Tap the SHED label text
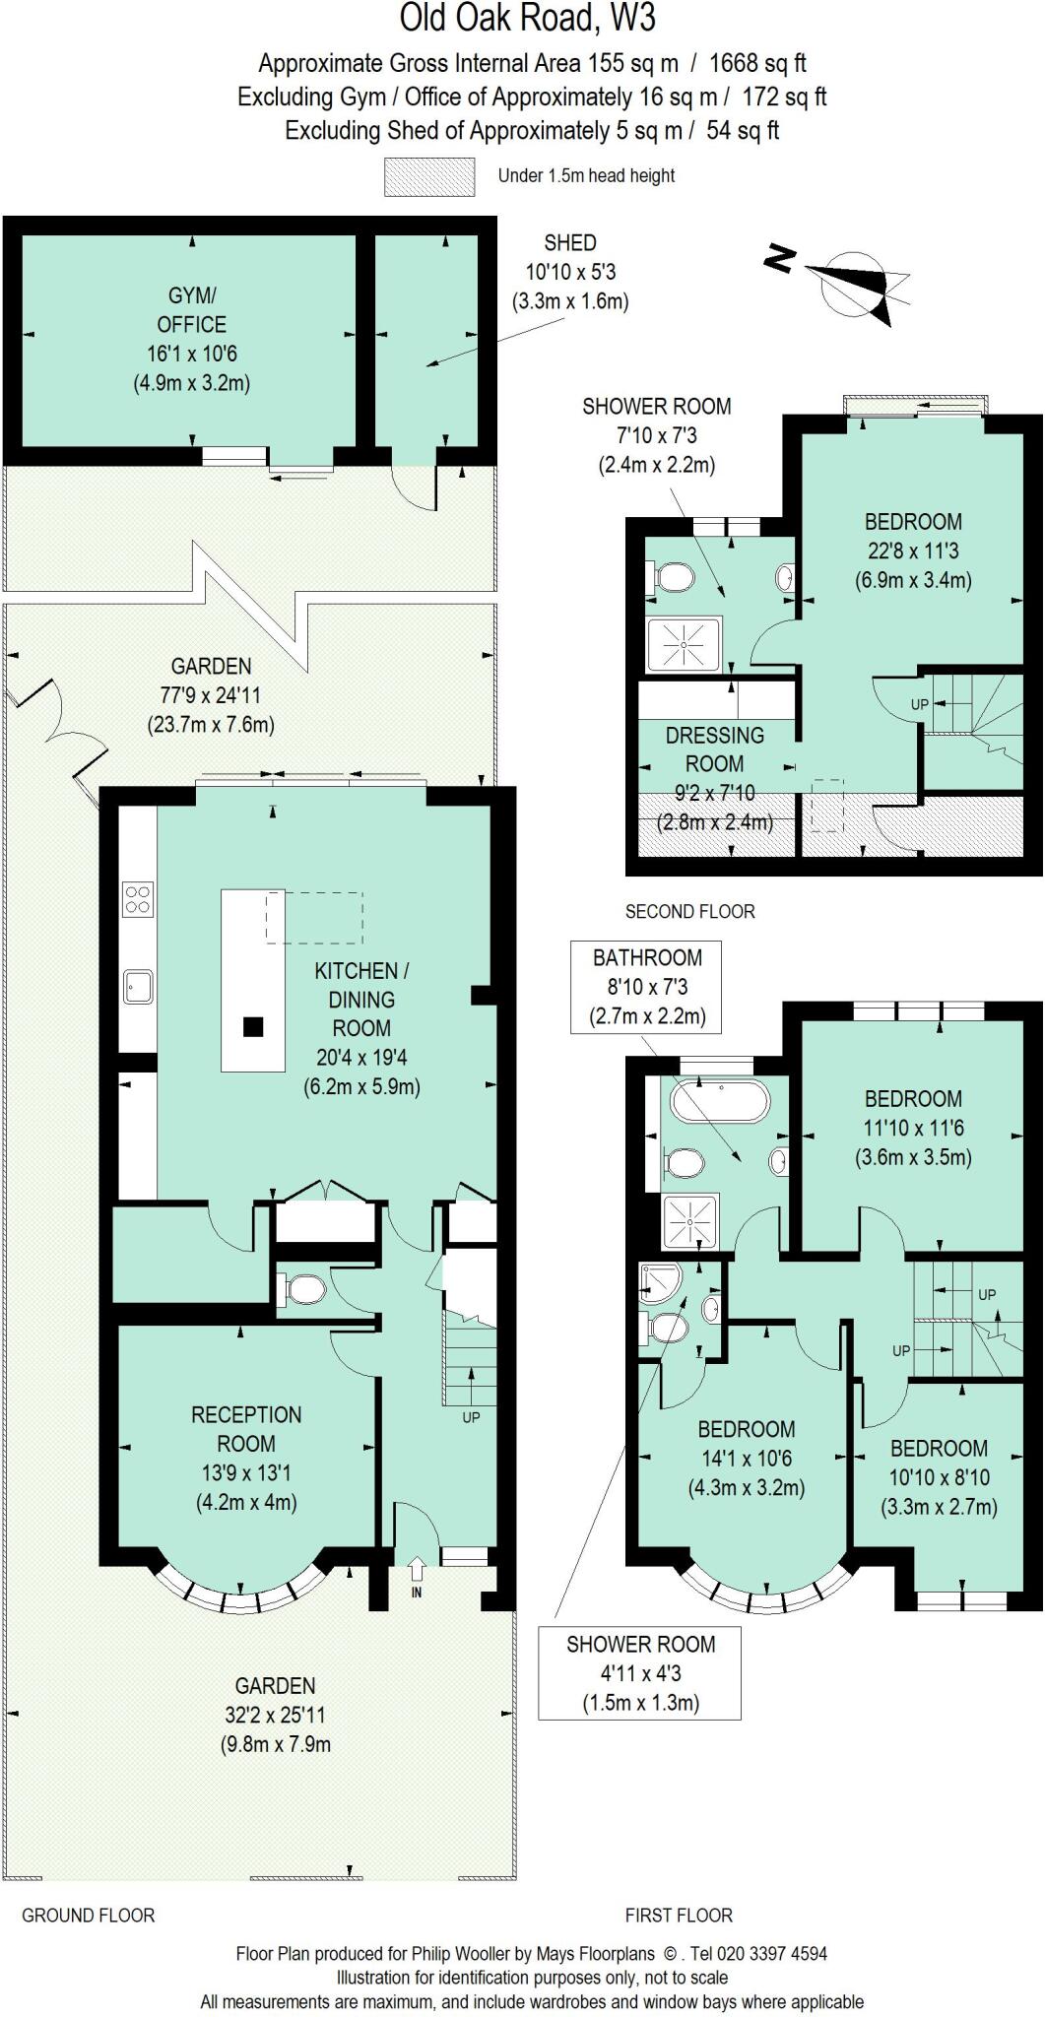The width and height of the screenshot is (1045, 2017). [569, 242]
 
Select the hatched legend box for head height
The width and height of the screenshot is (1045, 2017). [427, 176]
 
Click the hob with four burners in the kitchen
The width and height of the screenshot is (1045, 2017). [138, 898]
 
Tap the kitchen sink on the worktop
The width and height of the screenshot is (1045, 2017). [138, 986]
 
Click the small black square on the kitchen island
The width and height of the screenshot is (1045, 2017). [254, 1027]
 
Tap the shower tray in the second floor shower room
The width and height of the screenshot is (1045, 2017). [685, 645]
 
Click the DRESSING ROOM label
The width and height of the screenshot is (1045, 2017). [714, 749]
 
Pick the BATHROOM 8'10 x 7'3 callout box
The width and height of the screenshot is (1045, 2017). [646, 987]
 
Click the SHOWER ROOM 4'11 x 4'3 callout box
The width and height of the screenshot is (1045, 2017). [640, 1672]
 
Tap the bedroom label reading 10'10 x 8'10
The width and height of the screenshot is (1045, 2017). [938, 1477]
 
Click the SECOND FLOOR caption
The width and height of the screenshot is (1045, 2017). [689, 912]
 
